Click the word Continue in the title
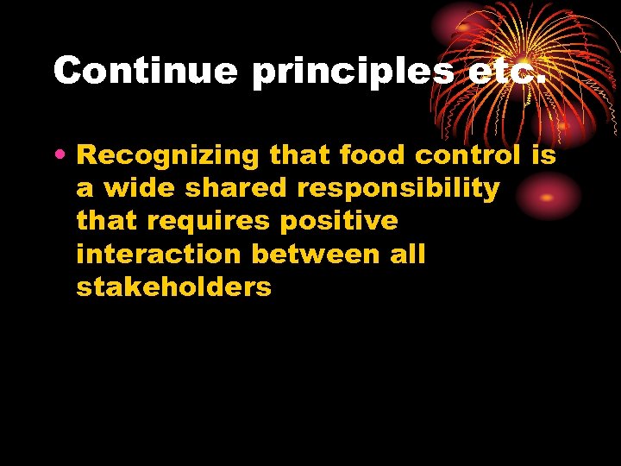pyautogui.click(x=145, y=70)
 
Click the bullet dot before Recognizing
pyautogui.click(x=64, y=156)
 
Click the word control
pyautogui.click(x=467, y=155)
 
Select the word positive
pyautogui.click(x=339, y=222)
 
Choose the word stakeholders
pyautogui.click(x=173, y=287)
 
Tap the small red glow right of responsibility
pyautogui.click(x=547, y=195)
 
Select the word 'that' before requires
pyautogui.click(x=108, y=222)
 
